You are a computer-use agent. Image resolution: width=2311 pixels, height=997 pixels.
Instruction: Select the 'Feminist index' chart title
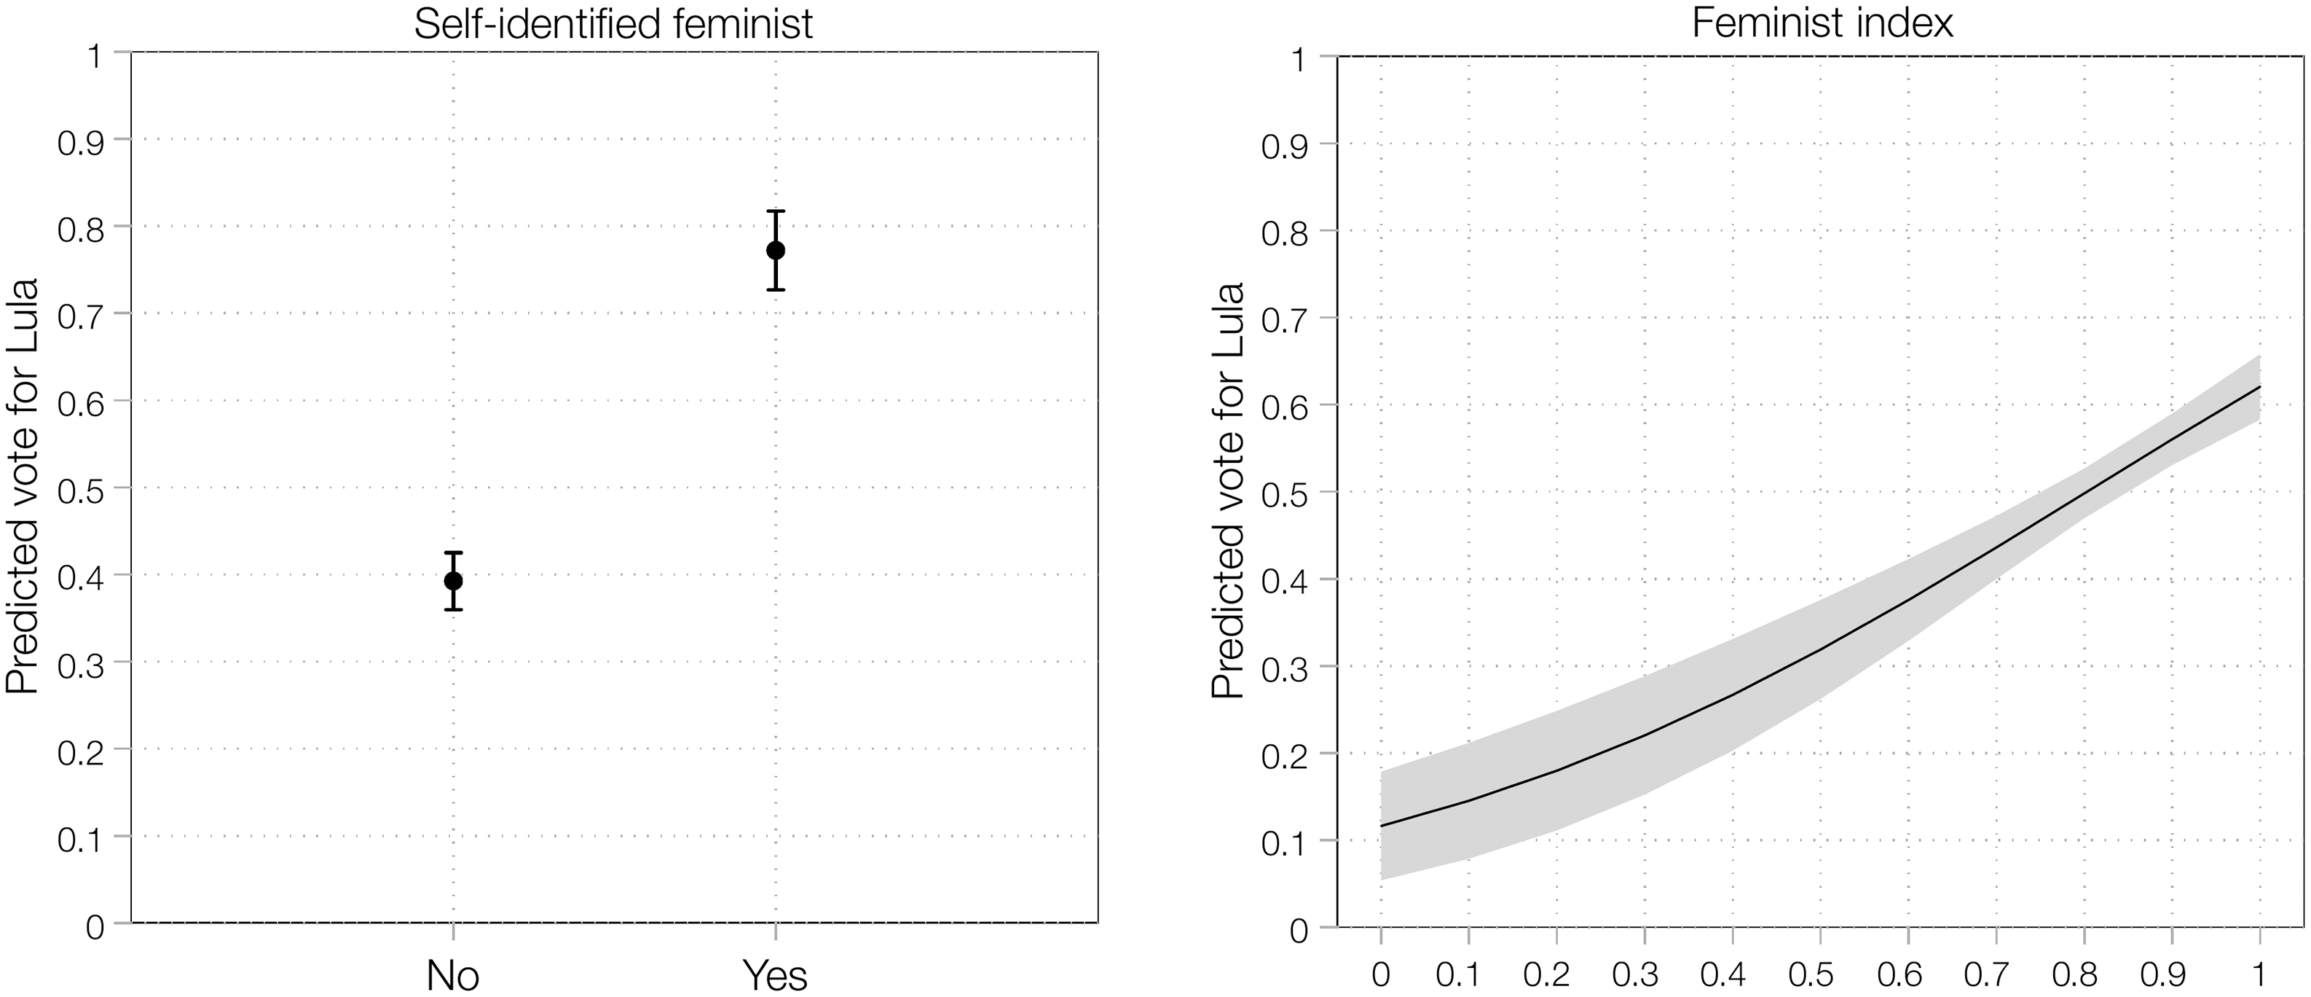pos(1822,23)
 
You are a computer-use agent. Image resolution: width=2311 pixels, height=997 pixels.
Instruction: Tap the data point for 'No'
pos(453,581)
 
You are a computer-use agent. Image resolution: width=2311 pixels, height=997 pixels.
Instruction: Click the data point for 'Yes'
pos(776,251)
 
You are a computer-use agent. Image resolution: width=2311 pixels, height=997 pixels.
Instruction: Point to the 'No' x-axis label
pos(453,975)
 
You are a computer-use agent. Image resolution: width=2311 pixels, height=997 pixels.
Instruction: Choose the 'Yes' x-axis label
pos(776,975)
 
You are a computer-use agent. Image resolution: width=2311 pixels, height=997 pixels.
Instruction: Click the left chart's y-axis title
pos(23,485)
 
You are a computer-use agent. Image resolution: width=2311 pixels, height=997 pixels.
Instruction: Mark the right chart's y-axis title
pos(1227,490)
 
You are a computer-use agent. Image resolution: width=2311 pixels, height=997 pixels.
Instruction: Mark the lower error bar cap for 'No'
pos(453,610)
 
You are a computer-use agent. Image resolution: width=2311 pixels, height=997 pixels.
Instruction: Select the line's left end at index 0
pos(1381,826)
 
